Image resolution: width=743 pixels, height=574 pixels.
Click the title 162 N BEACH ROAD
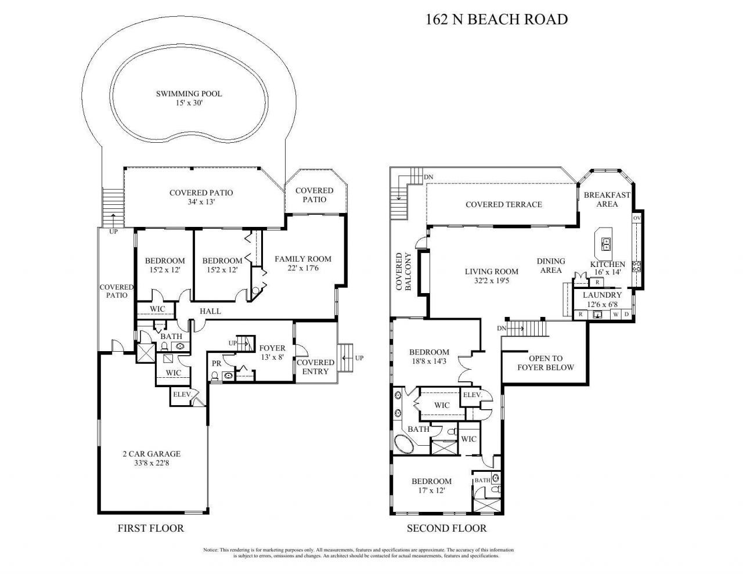point(496,20)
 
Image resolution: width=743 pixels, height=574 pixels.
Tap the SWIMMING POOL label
point(189,98)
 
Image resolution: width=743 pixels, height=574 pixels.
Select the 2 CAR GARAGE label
point(152,459)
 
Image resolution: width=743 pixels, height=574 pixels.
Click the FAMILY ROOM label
point(302,263)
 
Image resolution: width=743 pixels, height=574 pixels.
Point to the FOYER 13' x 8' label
point(272,353)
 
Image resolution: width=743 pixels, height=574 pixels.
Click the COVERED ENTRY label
point(316,367)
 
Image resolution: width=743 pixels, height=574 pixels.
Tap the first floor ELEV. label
point(182,395)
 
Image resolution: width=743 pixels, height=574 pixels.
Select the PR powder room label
point(217,363)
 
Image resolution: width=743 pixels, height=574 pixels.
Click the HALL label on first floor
point(210,311)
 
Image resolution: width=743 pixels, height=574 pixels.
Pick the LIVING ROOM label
point(491,276)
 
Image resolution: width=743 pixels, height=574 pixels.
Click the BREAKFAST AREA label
point(600,199)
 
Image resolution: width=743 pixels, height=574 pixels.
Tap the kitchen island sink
point(606,243)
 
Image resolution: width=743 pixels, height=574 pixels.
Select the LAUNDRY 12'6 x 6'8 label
point(602,299)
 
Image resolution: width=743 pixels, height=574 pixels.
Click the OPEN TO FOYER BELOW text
point(545,363)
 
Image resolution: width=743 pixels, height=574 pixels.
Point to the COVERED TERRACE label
point(503,204)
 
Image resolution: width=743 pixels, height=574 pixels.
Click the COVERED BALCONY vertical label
point(403,271)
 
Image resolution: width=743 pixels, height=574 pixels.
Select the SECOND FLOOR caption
point(446,528)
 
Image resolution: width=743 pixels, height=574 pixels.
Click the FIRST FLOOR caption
point(150,528)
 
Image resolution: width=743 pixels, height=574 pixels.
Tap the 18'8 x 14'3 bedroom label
point(428,356)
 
